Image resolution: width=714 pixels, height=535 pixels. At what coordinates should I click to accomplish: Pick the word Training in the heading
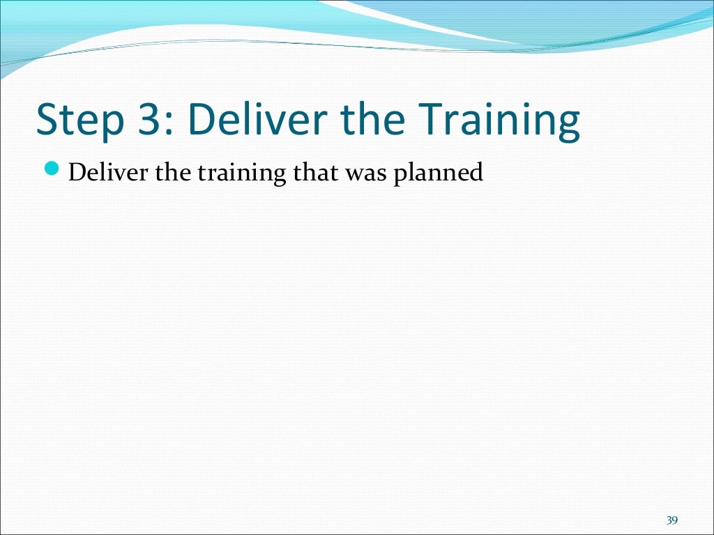[x=498, y=120]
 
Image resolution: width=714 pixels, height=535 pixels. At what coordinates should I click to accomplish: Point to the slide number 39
[x=672, y=520]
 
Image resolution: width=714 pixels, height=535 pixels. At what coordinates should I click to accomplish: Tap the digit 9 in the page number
[x=676, y=520]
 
